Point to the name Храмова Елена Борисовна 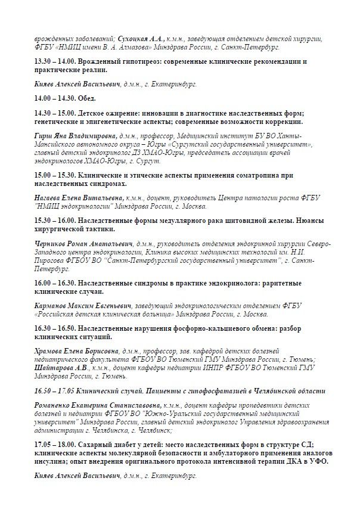(x=72, y=352)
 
